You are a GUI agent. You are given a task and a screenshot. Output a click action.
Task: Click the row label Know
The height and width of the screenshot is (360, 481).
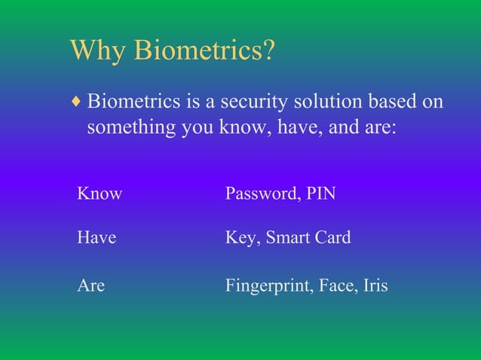pos(100,194)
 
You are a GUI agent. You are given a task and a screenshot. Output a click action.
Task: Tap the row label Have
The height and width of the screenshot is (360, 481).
pos(97,238)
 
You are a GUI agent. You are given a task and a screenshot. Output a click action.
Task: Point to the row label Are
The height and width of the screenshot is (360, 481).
pos(90,286)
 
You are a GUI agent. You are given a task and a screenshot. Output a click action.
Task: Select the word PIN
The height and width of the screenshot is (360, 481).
pos(321,194)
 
